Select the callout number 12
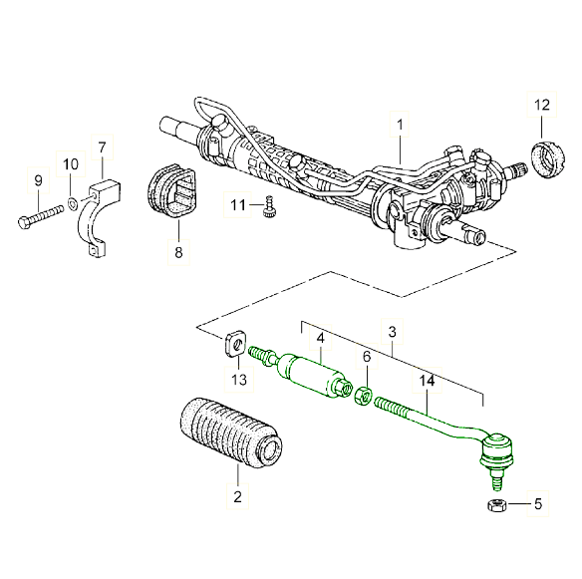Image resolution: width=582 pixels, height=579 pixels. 541,105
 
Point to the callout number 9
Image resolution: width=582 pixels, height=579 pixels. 38,180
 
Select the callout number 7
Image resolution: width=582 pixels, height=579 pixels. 101,148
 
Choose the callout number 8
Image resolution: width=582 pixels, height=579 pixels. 179,253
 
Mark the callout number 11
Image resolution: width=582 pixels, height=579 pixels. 237,204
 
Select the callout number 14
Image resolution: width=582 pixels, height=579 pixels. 427,381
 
